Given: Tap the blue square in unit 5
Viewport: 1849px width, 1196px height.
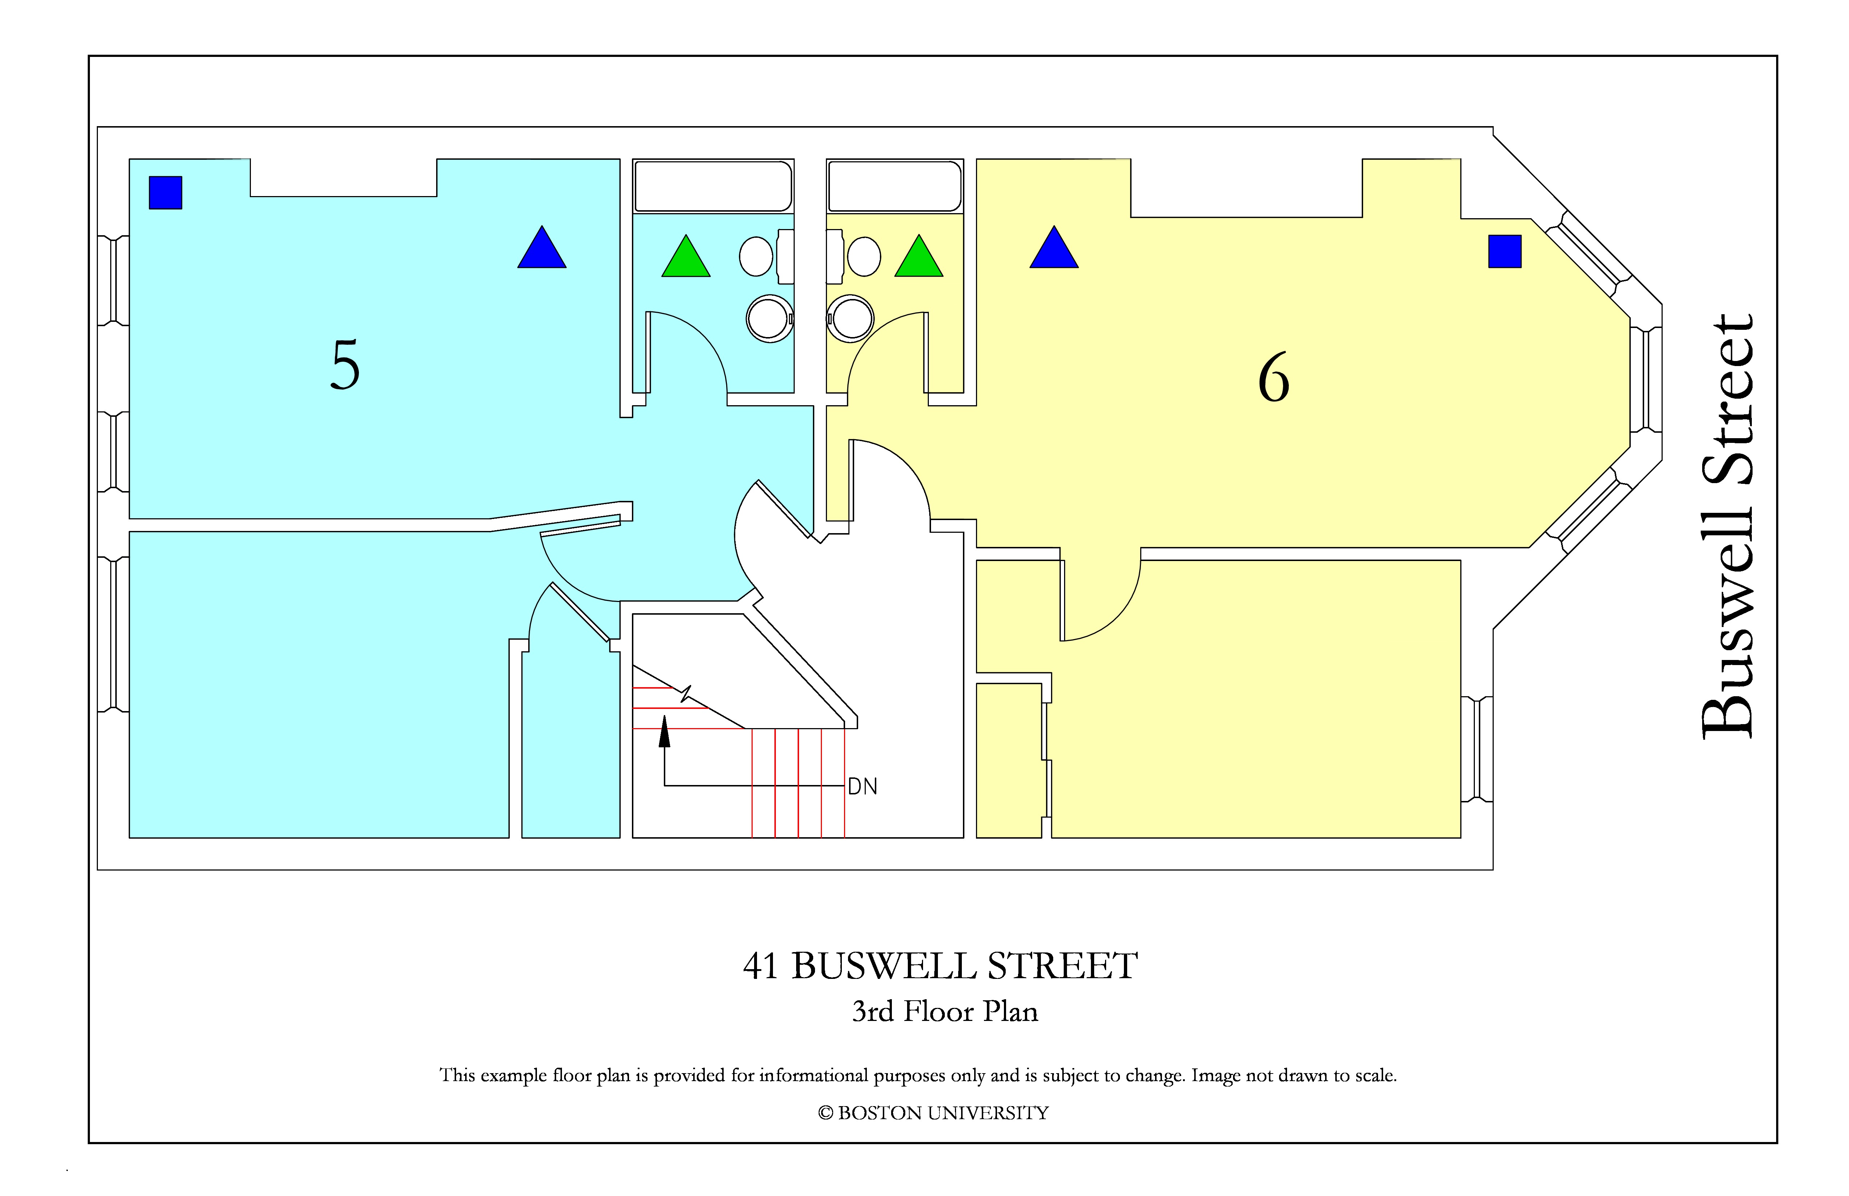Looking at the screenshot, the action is (x=165, y=192).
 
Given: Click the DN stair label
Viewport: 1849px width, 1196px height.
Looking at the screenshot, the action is (x=863, y=787).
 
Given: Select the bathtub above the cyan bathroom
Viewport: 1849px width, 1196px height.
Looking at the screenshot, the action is (x=713, y=186).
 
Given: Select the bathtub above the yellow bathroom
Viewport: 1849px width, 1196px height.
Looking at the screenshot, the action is (x=895, y=186).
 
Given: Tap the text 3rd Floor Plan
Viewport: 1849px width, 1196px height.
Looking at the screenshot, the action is (x=945, y=1011).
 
